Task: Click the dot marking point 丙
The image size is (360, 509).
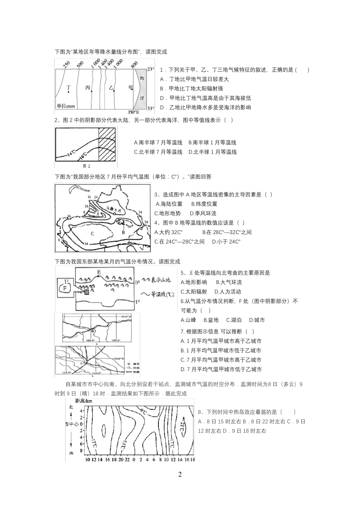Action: coord(91,91)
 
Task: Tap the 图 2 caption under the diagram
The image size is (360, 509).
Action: coord(86,166)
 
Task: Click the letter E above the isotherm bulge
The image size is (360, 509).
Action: coord(99,272)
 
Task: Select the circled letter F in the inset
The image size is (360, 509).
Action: coord(65,289)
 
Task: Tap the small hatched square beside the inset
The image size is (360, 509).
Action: coord(86,292)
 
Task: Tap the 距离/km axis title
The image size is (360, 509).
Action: coord(84,401)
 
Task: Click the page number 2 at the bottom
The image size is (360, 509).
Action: coord(180,475)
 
